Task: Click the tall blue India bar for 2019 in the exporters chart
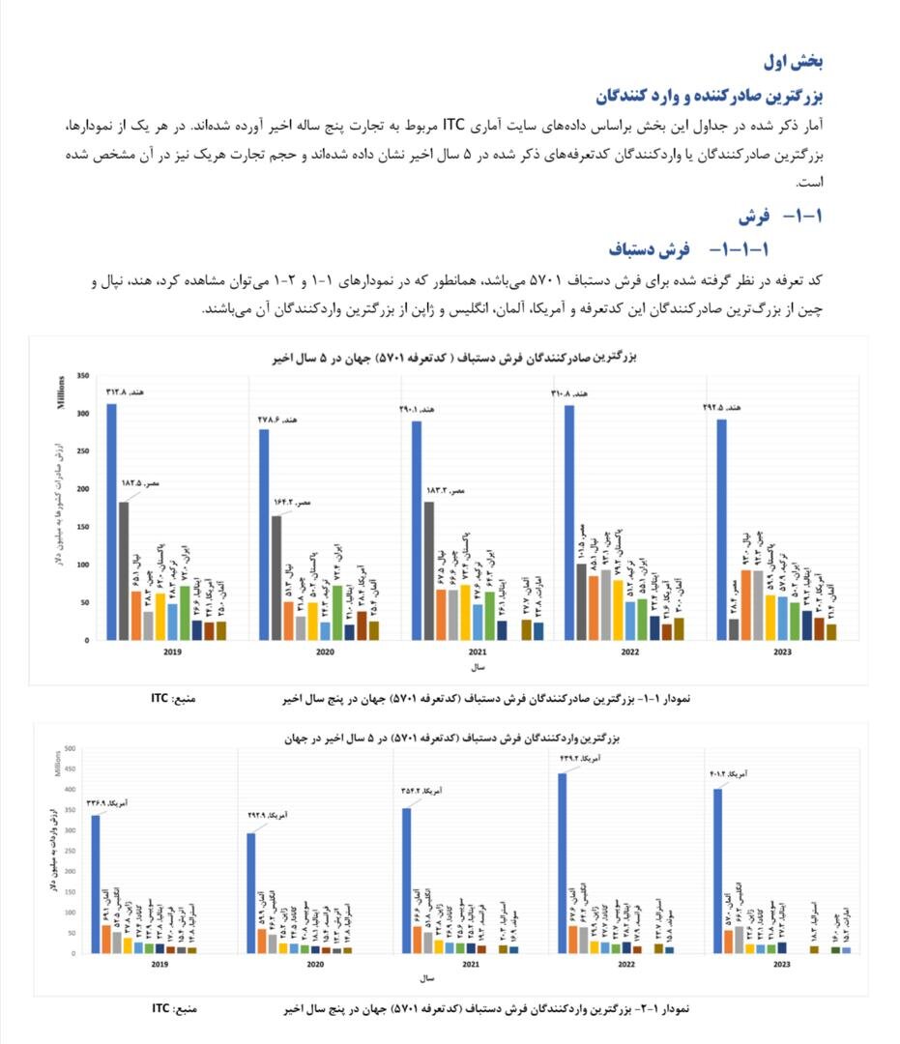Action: pos(111,522)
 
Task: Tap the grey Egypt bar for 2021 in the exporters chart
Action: pos(428,570)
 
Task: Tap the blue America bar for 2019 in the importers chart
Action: pos(95,884)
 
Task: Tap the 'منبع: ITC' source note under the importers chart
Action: pos(174,1008)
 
